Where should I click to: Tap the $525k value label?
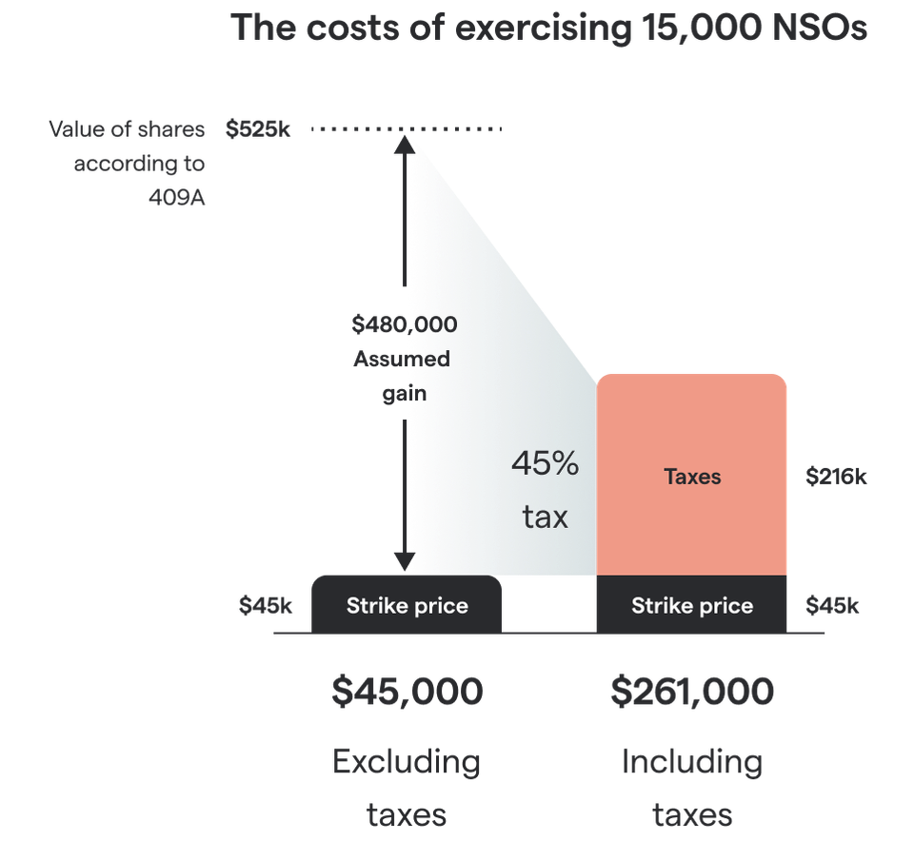pyautogui.click(x=258, y=128)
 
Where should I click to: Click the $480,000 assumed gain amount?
pyautogui.click(x=404, y=324)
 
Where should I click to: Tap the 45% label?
pyautogui.click(x=545, y=465)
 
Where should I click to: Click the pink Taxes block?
pyautogui.click(x=692, y=476)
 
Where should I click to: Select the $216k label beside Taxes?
pyautogui.click(x=836, y=477)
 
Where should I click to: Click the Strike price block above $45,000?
pyautogui.click(x=407, y=605)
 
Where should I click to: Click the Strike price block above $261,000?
pyautogui.click(x=692, y=605)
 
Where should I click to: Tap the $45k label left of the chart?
pyautogui.click(x=266, y=606)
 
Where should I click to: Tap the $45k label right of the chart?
pyautogui.click(x=832, y=606)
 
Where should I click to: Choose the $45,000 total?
pyautogui.click(x=407, y=691)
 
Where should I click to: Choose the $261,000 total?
pyautogui.click(x=692, y=691)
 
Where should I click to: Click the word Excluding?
pyautogui.click(x=407, y=761)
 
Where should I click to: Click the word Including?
pyautogui.click(x=692, y=761)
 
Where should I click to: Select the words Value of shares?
pyautogui.click(x=127, y=128)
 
